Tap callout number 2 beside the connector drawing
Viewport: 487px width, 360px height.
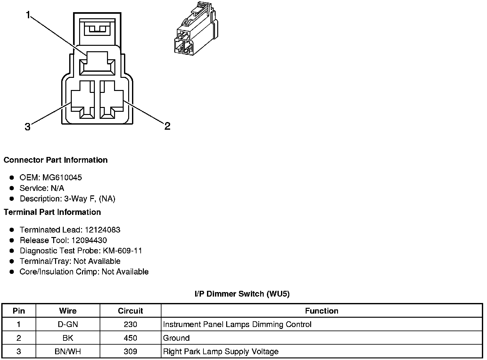tap(167, 126)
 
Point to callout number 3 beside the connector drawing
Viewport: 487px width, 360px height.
tap(28, 127)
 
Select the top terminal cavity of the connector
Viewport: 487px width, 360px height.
tap(97, 64)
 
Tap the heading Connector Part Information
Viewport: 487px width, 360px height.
tap(56, 160)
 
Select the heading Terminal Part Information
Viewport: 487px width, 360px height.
tap(52, 212)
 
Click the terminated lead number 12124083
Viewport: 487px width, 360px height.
tap(103, 230)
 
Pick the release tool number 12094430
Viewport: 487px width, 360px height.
tap(89, 240)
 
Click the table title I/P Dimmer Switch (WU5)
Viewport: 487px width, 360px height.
tap(242, 294)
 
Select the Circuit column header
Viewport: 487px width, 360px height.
tap(130, 311)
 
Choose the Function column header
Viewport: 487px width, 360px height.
tap(321, 311)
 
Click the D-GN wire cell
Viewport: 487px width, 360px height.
tap(68, 324)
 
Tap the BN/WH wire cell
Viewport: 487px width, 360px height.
tap(68, 352)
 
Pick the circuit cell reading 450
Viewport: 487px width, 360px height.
tap(130, 338)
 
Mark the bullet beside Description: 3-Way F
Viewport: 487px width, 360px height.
tap(12, 199)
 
